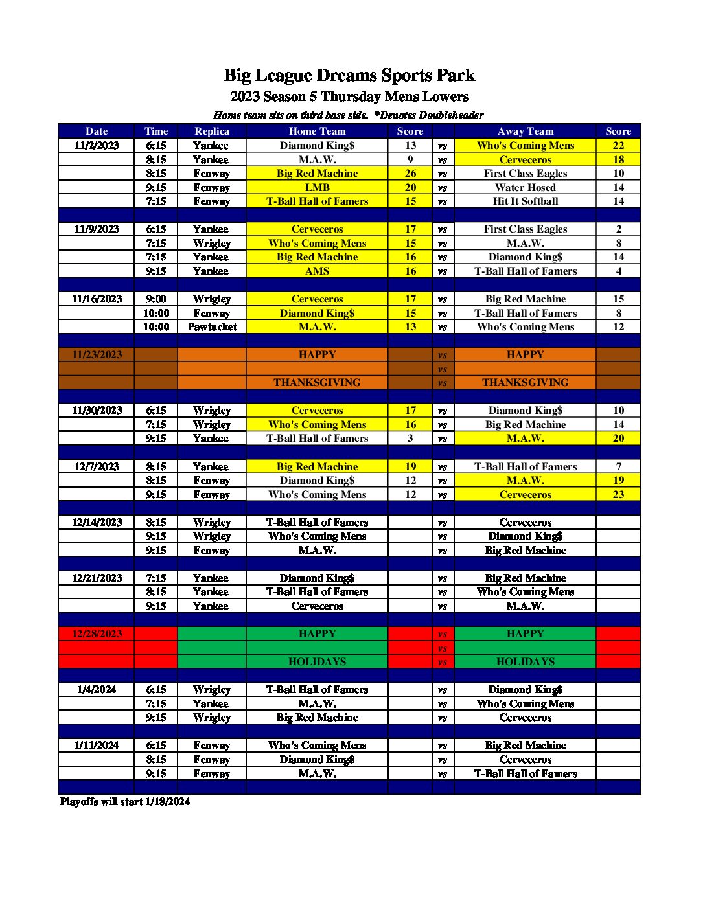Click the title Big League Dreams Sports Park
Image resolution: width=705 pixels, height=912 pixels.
click(349, 76)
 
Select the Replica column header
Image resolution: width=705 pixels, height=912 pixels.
click(212, 131)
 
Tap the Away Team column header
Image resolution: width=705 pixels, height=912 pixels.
click(525, 131)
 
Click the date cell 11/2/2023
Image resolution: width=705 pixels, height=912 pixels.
click(97, 145)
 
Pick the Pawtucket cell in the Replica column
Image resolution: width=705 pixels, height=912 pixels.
click(212, 327)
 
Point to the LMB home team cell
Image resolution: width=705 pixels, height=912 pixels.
click(317, 187)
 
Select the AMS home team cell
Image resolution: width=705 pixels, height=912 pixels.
click(317, 271)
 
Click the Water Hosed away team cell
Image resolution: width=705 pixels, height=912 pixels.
click(525, 187)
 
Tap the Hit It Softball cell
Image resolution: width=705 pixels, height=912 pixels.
click(525, 201)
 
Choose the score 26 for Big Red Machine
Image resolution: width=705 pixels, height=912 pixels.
click(410, 174)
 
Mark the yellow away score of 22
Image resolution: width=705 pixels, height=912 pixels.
click(618, 145)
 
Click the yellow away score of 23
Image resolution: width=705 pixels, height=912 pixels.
click(618, 494)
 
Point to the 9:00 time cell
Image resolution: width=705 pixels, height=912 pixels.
click(156, 299)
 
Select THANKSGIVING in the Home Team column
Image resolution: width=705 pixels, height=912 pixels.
click(317, 383)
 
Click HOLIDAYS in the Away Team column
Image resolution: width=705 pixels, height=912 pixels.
click(525, 662)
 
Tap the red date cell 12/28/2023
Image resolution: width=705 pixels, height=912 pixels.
click(97, 633)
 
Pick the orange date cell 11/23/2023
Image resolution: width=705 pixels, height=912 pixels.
click(97, 355)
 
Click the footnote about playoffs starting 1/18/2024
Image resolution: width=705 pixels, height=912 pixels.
click(125, 802)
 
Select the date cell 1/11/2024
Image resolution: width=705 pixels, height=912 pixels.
click(97, 746)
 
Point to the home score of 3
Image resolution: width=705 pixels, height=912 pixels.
click(410, 439)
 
